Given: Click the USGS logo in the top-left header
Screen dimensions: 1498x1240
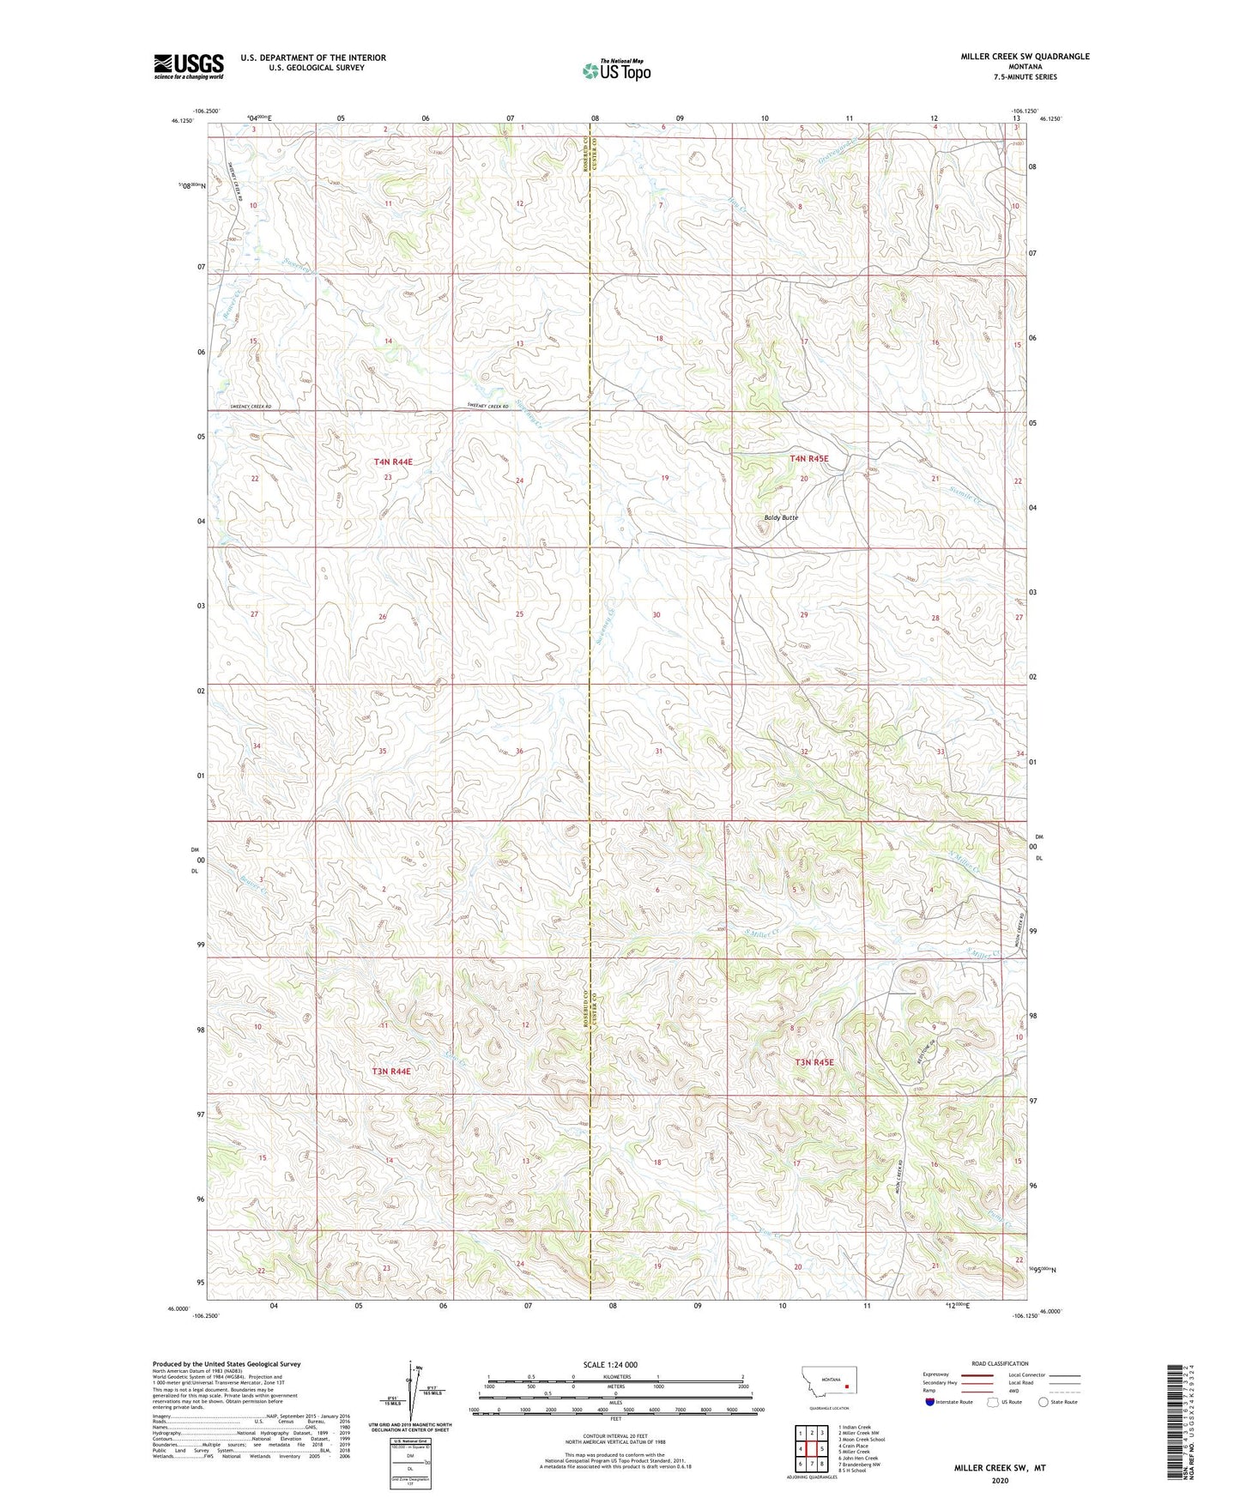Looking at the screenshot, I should point(188,66).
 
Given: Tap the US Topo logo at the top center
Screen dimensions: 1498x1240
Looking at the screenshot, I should point(616,70).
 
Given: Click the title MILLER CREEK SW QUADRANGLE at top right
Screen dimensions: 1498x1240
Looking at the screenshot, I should point(1025,57).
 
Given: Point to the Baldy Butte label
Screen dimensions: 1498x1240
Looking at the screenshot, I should point(781,517).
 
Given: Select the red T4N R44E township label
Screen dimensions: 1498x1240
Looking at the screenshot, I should point(393,462).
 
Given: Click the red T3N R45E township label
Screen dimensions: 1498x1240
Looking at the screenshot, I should point(814,1062).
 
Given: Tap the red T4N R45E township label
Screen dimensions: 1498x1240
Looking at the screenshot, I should point(809,459).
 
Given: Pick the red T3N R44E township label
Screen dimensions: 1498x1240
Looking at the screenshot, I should point(391,1072).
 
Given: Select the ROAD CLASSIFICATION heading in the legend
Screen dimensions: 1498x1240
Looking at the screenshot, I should point(1000,1363).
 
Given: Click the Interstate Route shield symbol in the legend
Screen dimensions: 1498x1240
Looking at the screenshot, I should point(930,1402).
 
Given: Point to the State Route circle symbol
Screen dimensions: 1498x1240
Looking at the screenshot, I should point(1043,1402).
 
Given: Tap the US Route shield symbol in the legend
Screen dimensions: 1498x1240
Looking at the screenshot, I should point(994,1402).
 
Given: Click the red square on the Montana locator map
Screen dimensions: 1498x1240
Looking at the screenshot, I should point(846,1385).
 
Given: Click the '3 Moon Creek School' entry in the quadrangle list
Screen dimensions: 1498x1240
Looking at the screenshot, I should point(862,1440).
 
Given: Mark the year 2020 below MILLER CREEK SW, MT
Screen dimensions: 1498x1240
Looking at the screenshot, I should point(999,1480).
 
